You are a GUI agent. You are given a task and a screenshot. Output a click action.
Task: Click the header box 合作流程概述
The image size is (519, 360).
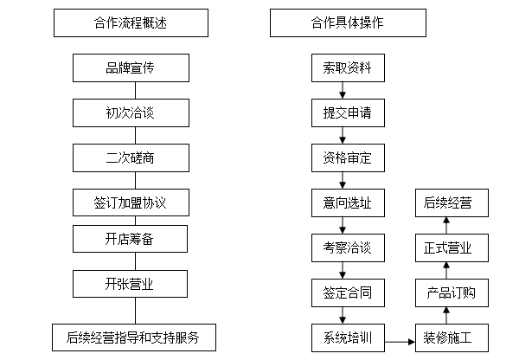(131, 23)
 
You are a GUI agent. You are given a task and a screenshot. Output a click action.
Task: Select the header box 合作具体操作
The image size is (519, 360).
(348, 23)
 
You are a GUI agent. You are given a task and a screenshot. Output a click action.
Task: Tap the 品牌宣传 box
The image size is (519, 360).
(131, 67)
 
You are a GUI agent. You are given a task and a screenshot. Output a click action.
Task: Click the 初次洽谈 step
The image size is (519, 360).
(131, 112)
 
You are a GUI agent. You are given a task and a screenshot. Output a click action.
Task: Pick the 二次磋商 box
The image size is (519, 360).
(131, 157)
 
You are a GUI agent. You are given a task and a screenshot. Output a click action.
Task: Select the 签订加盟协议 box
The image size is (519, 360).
(131, 203)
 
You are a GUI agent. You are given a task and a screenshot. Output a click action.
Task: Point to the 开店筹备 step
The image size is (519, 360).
(131, 238)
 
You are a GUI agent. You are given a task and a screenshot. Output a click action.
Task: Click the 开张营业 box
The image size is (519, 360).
(131, 283)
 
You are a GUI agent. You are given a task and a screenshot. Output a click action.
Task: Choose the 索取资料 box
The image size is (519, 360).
(347, 67)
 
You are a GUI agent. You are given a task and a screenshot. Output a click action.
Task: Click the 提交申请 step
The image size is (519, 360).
(347, 112)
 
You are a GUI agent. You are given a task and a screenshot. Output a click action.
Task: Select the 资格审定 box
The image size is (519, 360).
(347, 157)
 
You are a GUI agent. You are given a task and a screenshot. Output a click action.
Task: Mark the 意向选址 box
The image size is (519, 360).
(347, 203)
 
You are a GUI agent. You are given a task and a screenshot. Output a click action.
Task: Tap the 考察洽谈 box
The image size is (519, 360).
(347, 248)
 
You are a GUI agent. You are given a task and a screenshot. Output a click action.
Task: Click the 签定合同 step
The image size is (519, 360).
(347, 292)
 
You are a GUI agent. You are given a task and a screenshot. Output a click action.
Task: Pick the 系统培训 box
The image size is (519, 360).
(347, 337)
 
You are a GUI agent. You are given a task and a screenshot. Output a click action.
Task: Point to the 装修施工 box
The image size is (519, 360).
(451, 337)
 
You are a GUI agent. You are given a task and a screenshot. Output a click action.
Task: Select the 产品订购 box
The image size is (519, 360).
(451, 292)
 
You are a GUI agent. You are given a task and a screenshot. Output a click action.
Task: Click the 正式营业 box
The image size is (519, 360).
(451, 248)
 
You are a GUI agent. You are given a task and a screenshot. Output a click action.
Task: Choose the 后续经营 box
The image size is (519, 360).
(451, 203)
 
